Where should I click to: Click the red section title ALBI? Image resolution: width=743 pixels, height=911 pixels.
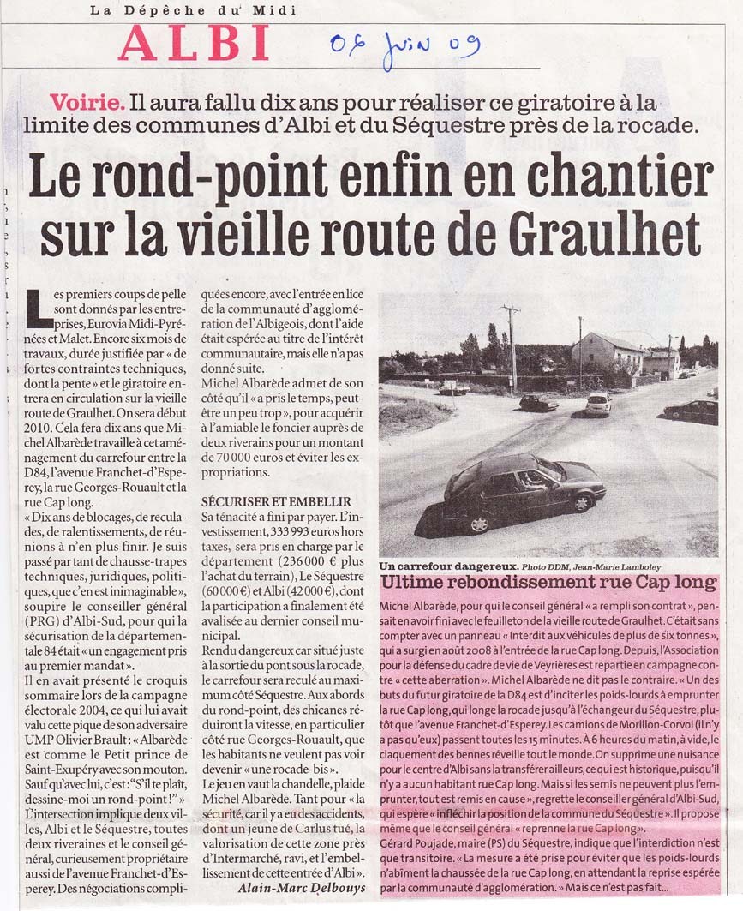pyautogui.click(x=195, y=42)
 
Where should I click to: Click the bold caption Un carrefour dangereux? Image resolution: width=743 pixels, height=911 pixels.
pyautogui.click(x=448, y=566)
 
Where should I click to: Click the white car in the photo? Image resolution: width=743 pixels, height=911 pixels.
pyautogui.click(x=598, y=404)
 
